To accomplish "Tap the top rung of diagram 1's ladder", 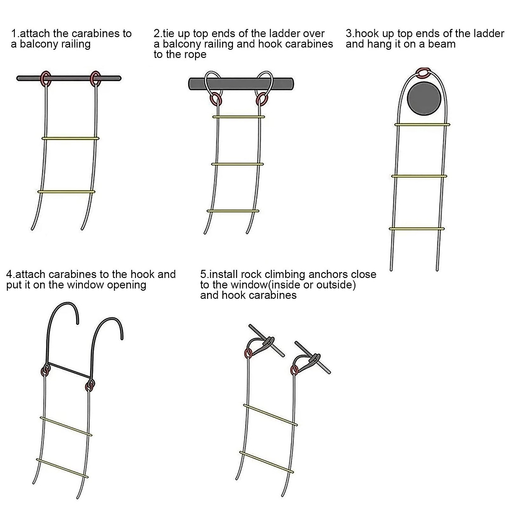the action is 71,138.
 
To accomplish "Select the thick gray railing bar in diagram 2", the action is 241,84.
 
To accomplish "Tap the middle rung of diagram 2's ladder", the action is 238,164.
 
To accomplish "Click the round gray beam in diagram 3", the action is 424,98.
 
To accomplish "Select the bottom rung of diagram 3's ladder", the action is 416,229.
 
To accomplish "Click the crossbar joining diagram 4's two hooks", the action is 69,370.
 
